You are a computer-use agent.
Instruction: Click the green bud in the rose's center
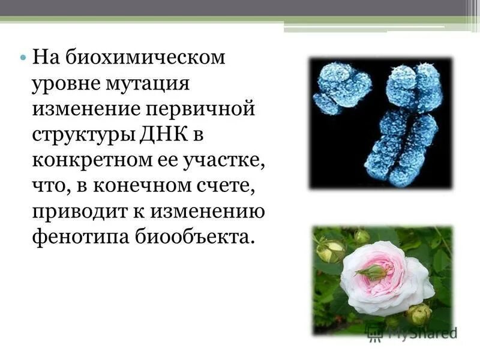373,272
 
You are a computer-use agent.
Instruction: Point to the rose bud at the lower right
418,313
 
